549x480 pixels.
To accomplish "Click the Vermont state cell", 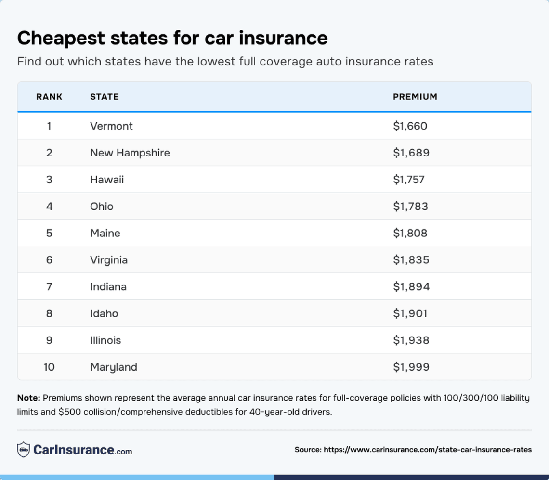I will click(111, 126).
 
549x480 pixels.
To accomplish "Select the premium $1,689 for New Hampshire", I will click(411, 153).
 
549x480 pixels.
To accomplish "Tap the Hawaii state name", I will click(107, 180).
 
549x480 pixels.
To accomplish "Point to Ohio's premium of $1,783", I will click(410, 207).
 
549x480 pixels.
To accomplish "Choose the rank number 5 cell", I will click(49, 234).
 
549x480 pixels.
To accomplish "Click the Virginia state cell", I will click(109, 260).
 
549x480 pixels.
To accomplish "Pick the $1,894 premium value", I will click(411, 287).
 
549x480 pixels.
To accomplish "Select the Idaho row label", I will click(104, 314).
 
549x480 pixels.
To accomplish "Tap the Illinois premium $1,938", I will click(411, 340).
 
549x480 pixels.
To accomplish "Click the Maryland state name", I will click(114, 367).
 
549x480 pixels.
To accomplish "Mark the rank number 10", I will click(49, 367).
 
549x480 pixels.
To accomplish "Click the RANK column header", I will click(49, 97).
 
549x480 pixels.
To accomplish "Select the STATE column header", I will click(104, 97).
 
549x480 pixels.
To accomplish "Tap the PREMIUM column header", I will click(415, 97).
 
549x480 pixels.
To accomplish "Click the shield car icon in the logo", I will click(24, 450).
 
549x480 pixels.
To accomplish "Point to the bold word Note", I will click(29, 398).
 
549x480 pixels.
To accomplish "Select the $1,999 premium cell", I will click(411, 367).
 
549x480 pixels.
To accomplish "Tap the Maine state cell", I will click(105, 234).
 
